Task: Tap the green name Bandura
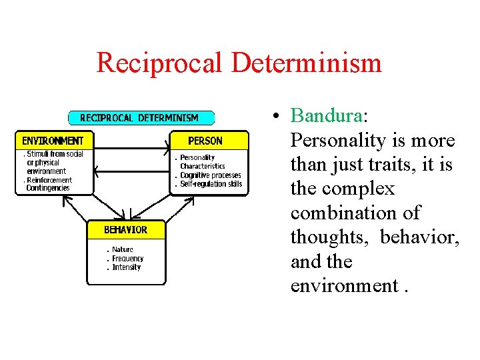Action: click(x=326, y=117)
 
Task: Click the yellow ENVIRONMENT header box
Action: click(x=53, y=141)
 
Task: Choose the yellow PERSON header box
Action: click(x=205, y=141)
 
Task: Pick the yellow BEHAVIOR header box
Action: click(x=125, y=230)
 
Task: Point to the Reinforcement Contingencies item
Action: click(x=48, y=184)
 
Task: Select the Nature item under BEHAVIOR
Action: click(x=123, y=250)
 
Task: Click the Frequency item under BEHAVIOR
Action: click(x=127, y=259)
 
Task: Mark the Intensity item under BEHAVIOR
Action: click(x=126, y=267)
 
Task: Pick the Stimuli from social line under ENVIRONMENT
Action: click(x=55, y=154)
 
